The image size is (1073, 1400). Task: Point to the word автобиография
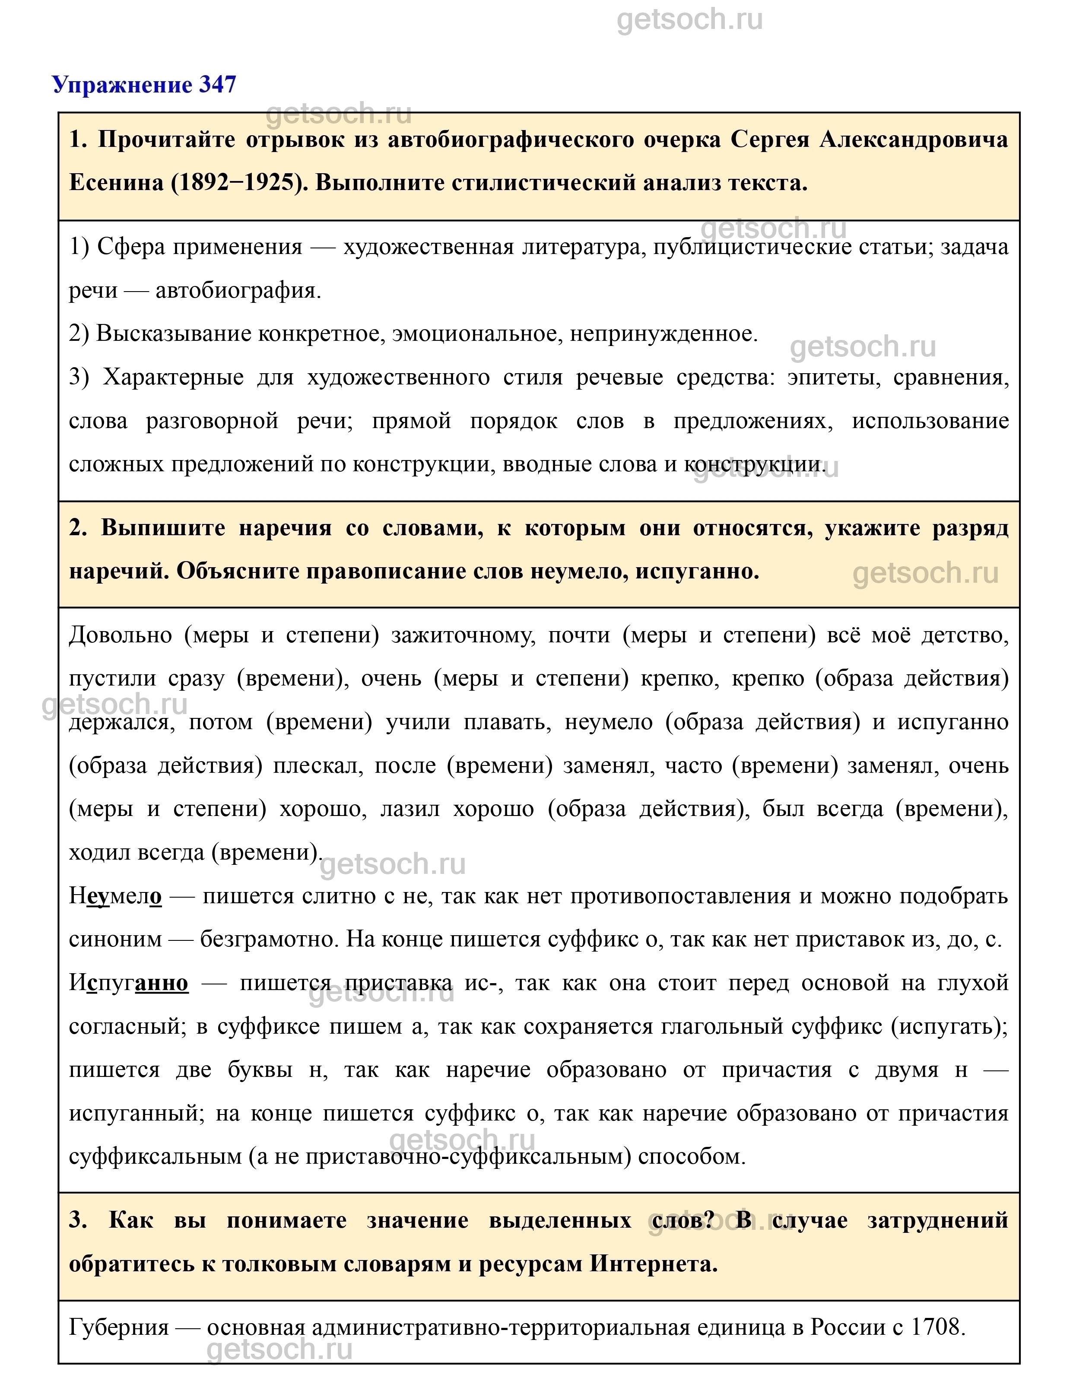point(238,291)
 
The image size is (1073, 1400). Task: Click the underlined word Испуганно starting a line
point(128,983)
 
